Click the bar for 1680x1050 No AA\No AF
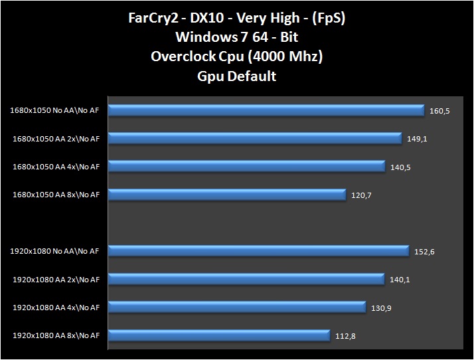click(266, 110)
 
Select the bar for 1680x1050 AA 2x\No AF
click(254, 138)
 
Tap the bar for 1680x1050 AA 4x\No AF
click(246, 166)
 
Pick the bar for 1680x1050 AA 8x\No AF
click(226, 195)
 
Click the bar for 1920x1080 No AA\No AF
click(258, 251)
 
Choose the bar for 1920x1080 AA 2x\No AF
click(246, 280)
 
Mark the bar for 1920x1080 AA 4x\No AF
click(236, 308)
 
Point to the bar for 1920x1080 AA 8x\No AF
click(218, 335)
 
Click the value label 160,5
click(439, 111)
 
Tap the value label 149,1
click(417, 139)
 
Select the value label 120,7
click(361, 195)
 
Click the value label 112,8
click(345, 336)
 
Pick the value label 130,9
click(381, 308)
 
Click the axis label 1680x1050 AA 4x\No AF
click(56, 167)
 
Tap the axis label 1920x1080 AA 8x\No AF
click(56, 336)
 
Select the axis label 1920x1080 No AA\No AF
click(54, 252)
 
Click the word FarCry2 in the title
click(152, 18)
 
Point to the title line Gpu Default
click(236, 76)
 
